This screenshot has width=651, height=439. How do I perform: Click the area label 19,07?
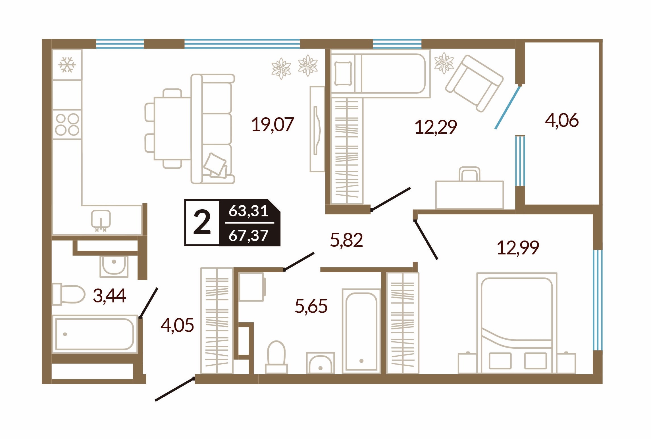pos(273,125)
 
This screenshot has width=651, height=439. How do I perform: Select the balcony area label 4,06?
pos(562,120)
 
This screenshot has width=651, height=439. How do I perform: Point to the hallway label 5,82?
pos(346,240)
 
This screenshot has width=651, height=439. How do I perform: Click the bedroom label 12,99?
pos(518,248)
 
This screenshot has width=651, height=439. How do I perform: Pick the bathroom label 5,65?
pos(311,306)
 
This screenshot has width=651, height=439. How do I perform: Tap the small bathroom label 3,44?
pos(109,296)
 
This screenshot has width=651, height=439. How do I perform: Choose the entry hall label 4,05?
pos(177,325)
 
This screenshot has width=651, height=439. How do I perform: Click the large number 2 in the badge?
pos(202,223)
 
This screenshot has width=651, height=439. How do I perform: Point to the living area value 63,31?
pos(249,211)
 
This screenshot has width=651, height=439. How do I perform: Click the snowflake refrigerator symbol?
pos(67,65)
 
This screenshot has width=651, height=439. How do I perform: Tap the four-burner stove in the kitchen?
pos(67,124)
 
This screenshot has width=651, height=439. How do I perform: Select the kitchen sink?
pos(101,220)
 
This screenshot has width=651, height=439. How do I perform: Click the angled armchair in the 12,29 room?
pos(474,83)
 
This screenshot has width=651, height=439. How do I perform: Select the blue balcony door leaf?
pos(508,107)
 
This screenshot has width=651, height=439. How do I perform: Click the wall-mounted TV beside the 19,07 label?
pos(317,129)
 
